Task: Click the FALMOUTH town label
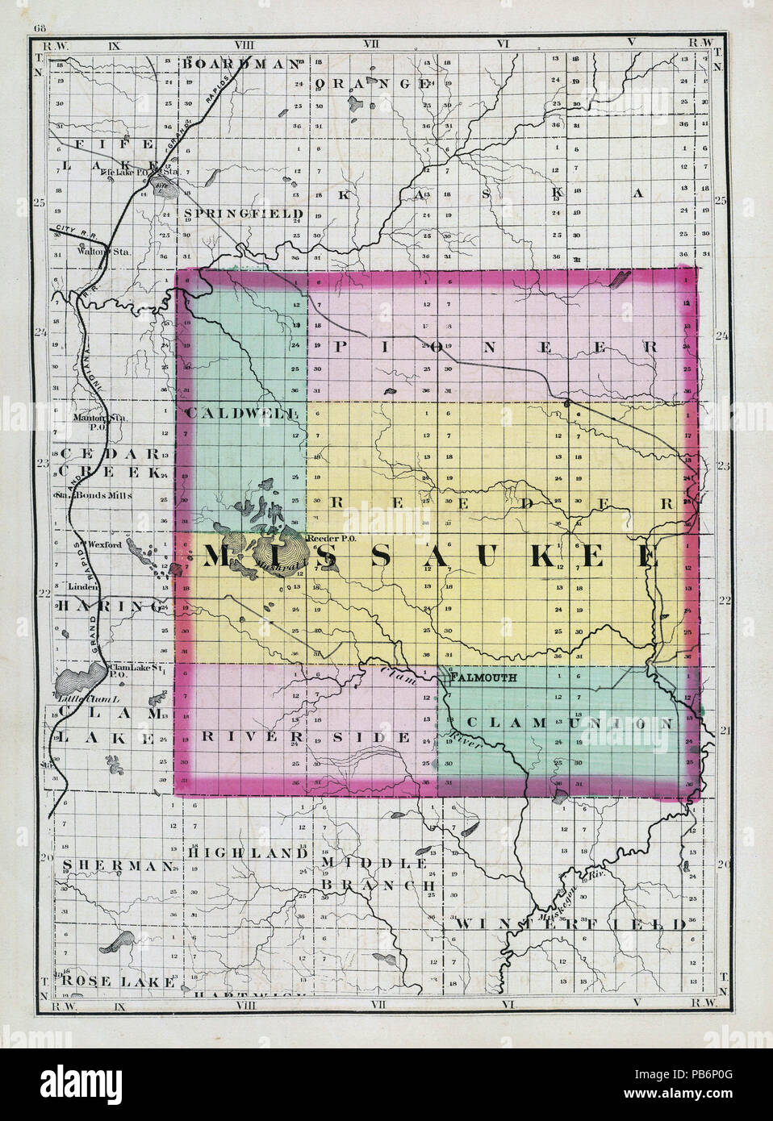(483, 678)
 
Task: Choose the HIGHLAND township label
(247, 852)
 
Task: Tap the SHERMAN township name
(117, 865)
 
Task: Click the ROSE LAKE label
(117, 981)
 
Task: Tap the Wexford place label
(105, 545)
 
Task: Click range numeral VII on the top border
(371, 42)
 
